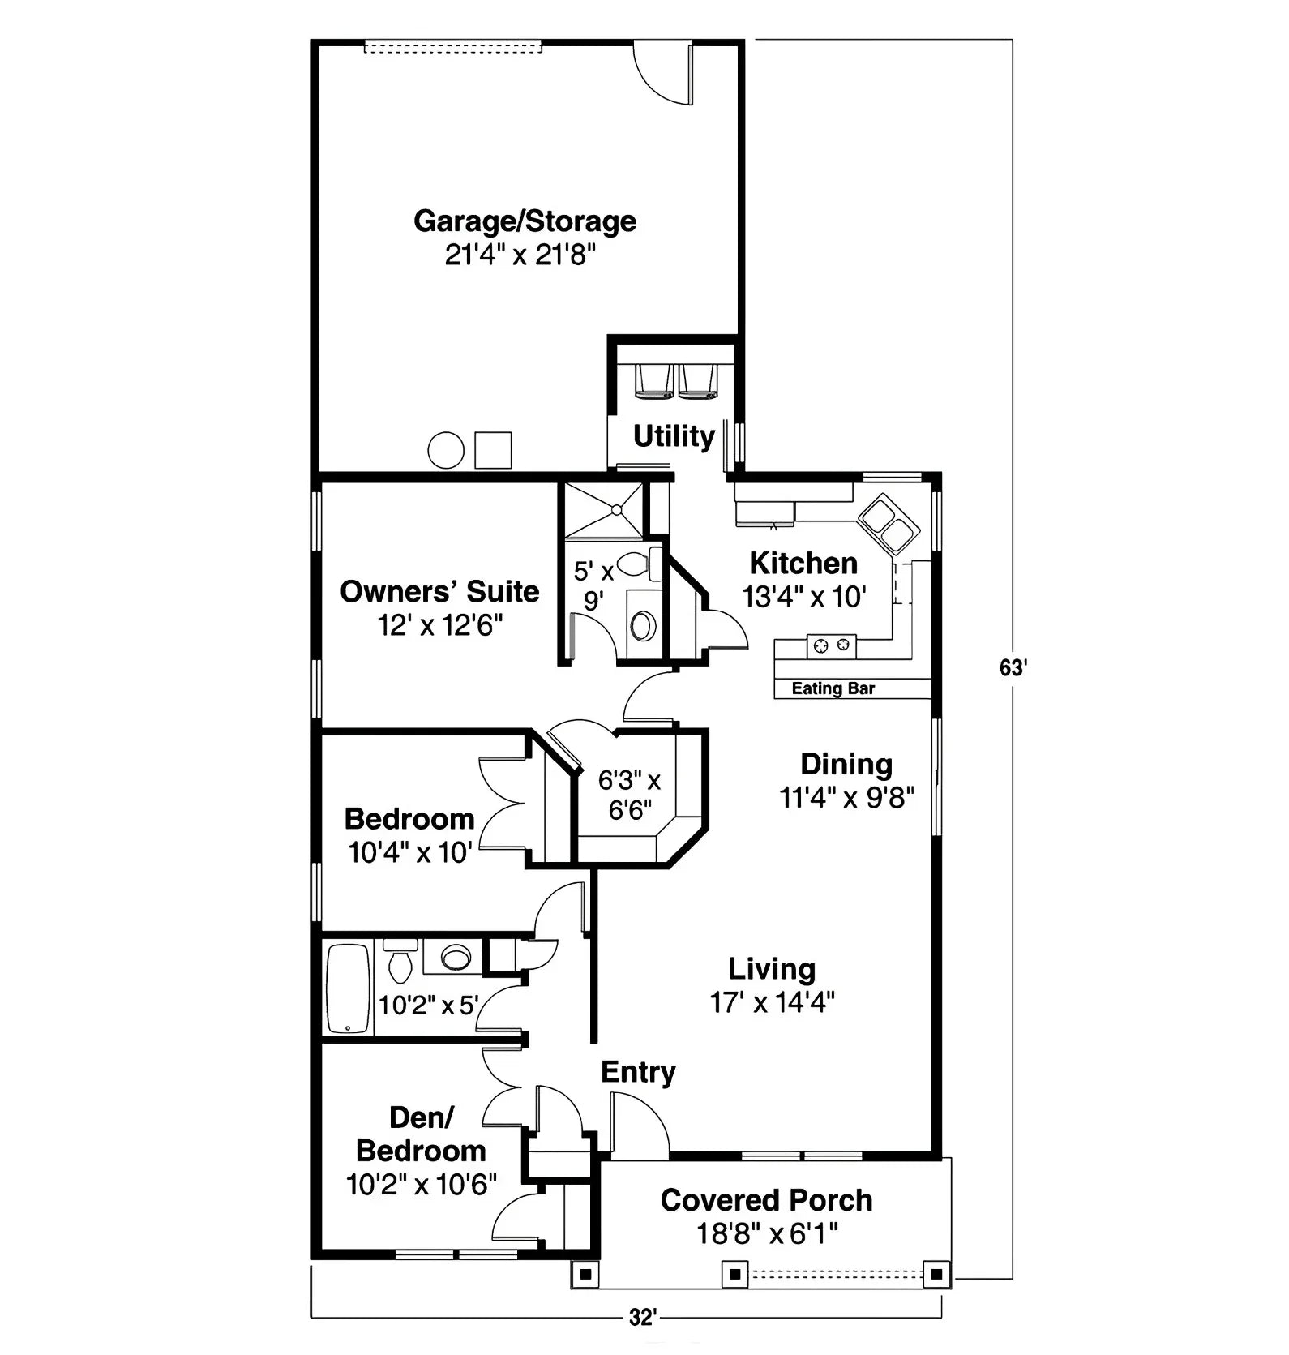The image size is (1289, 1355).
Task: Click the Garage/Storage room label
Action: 525,221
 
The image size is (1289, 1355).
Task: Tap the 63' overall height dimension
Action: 1013,668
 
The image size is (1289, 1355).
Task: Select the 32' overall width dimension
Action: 641,1319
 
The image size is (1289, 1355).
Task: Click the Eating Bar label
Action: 833,688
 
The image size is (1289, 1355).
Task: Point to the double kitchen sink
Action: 888,523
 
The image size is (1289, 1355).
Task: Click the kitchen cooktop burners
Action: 832,645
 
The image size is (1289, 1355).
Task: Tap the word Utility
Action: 673,436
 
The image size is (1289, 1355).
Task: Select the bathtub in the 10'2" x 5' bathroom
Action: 348,988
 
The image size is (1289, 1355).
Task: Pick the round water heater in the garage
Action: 446,450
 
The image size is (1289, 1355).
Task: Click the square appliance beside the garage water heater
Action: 493,450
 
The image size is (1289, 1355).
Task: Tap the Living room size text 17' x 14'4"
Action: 772,1003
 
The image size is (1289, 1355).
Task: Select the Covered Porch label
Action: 766,1200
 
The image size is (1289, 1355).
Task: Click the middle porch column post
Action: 734,1274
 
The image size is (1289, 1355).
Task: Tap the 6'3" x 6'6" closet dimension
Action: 629,795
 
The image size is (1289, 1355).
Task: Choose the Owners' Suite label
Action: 439,591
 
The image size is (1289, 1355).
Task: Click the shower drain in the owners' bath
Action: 616,510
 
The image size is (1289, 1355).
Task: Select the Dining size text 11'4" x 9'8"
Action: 846,798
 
